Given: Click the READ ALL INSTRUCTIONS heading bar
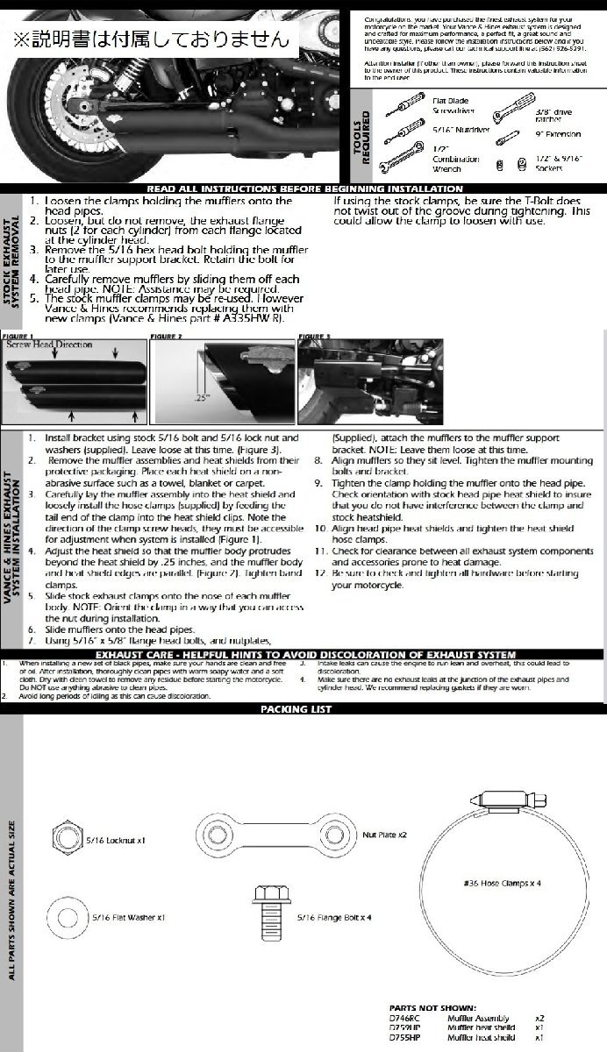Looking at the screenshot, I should coord(303,188).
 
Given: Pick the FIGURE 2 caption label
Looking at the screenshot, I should coord(167,336).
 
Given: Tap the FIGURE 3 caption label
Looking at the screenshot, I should coord(315,336).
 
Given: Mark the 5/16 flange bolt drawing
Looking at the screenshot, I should coord(268,911).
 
